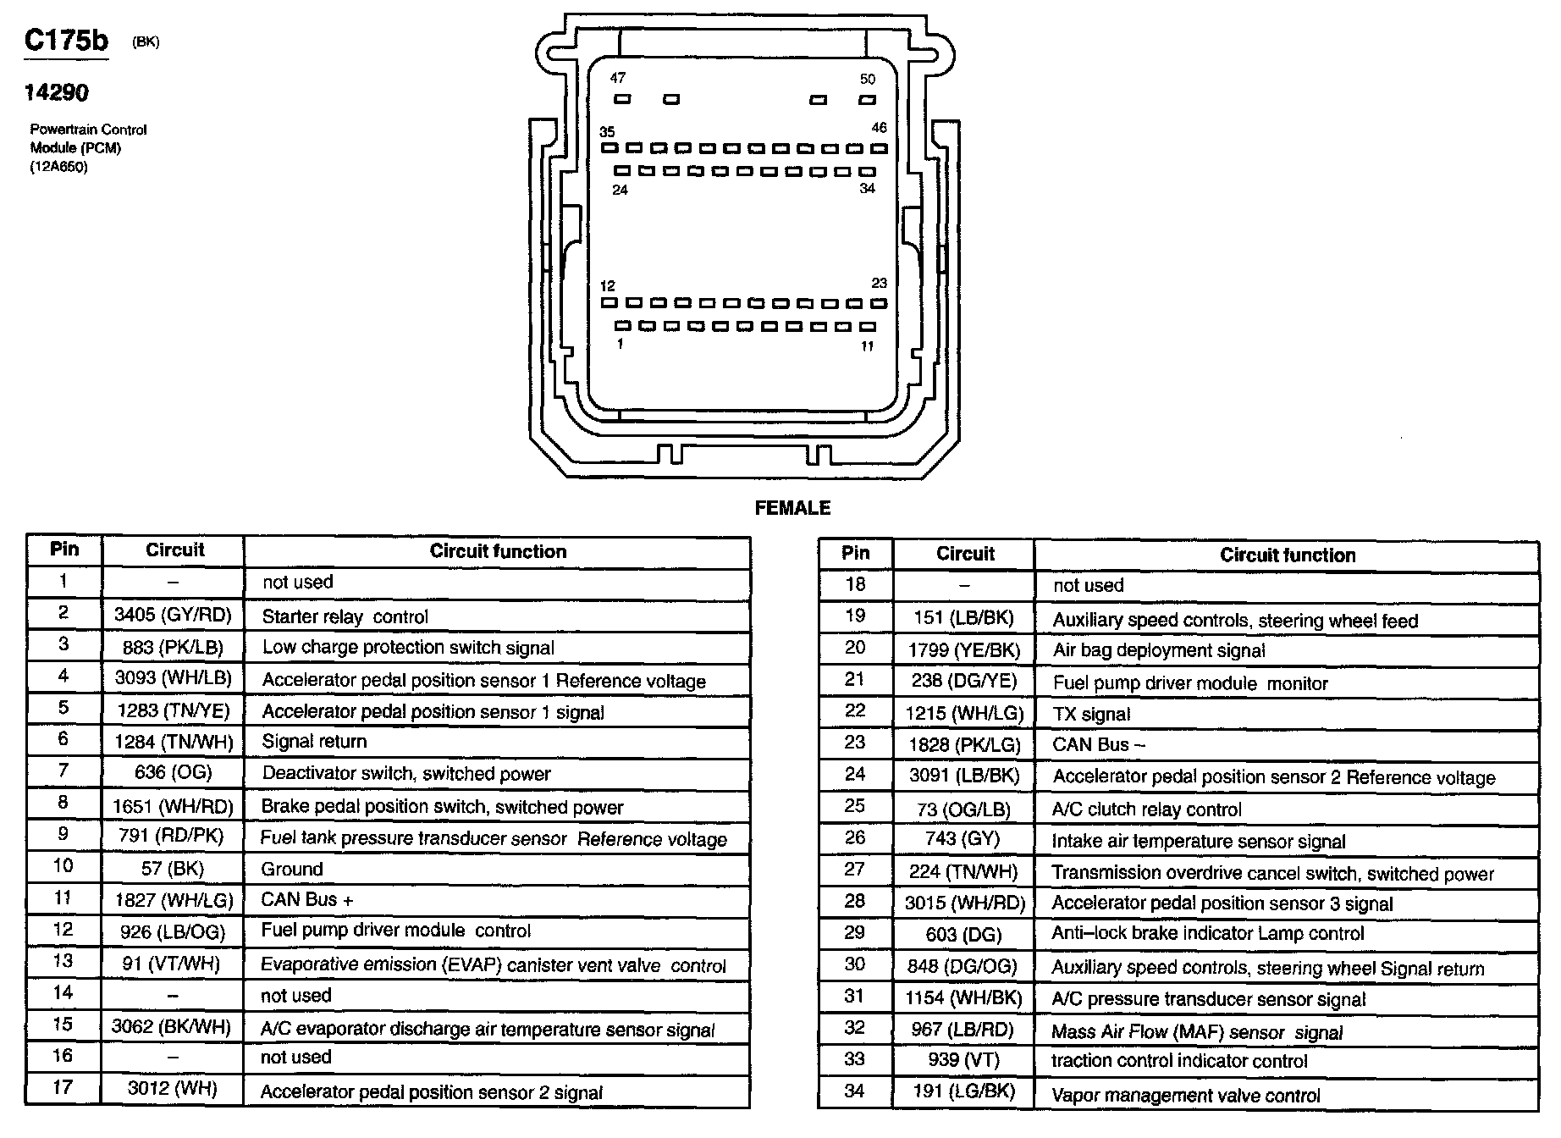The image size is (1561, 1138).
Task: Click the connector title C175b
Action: click(66, 40)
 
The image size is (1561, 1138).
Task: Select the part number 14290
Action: click(56, 92)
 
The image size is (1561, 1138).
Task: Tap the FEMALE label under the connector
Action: click(792, 508)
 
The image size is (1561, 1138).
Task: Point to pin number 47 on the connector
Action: click(618, 78)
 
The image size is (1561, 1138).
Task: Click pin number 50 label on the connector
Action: click(868, 80)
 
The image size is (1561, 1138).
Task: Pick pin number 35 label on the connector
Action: click(607, 132)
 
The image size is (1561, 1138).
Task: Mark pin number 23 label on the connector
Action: click(879, 284)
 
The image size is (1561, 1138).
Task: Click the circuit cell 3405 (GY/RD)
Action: click(173, 615)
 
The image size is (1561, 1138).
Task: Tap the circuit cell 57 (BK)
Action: click(173, 869)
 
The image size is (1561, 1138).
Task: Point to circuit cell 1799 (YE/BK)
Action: click(964, 650)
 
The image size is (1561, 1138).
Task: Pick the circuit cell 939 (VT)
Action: click(964, 1060)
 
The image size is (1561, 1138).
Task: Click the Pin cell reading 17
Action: click(63, 1087)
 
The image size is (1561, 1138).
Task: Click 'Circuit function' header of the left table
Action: click(498, 551)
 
